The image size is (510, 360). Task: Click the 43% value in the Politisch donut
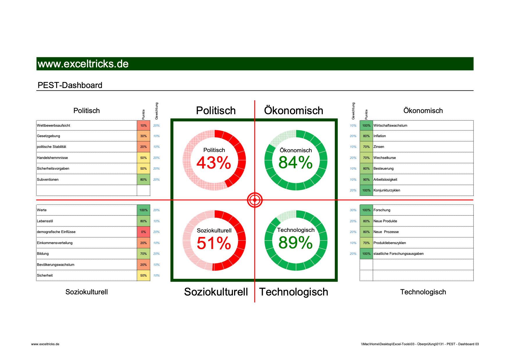(214, 163)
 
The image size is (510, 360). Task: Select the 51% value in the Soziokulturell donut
(214, 243)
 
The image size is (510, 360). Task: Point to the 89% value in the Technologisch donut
(295, 243)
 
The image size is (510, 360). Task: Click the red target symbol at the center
(255, 200)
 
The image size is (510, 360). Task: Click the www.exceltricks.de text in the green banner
(83, 64)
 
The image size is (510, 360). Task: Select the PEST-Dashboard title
(70, 85)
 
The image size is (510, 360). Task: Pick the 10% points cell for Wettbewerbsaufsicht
(143, 126)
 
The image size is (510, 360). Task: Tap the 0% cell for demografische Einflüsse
(143, 232)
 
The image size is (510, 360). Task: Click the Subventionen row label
(48, 180)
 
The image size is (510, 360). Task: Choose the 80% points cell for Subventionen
(143, 180)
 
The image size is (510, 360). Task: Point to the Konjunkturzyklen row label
(387, 190)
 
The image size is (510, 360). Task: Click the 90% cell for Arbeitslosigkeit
(366, 180)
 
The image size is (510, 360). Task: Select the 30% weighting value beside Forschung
(353, 210)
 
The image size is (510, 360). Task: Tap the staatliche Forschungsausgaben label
(398, 254)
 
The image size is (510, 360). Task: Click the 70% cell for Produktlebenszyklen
(366, 243)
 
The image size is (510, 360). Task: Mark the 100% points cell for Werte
(143, 210)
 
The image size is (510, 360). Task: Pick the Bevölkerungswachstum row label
(56, 265)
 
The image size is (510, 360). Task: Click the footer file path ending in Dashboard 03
(420, 344)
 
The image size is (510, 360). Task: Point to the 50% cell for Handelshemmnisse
(143, 158)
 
